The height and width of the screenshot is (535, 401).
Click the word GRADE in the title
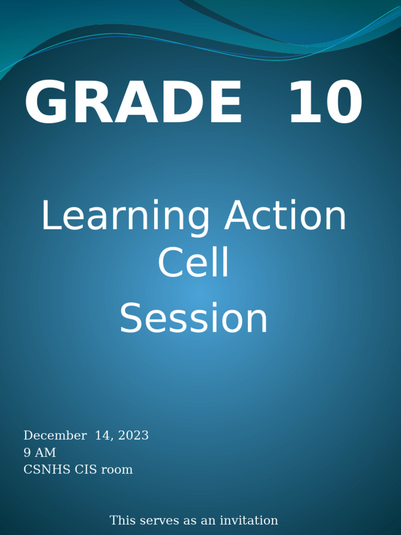click(134, 103)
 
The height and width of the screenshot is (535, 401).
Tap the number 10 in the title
click(325, 103)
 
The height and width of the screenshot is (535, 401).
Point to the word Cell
click(194, 263)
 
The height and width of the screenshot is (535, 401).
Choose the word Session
click(194, 319)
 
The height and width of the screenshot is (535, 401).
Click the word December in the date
click(55, 436)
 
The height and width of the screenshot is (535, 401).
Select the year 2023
click(133, 436)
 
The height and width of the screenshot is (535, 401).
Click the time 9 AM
click(40, 452)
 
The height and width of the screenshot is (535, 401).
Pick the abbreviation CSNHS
click(47, 470)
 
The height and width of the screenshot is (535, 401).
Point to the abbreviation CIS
click(86, 470)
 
